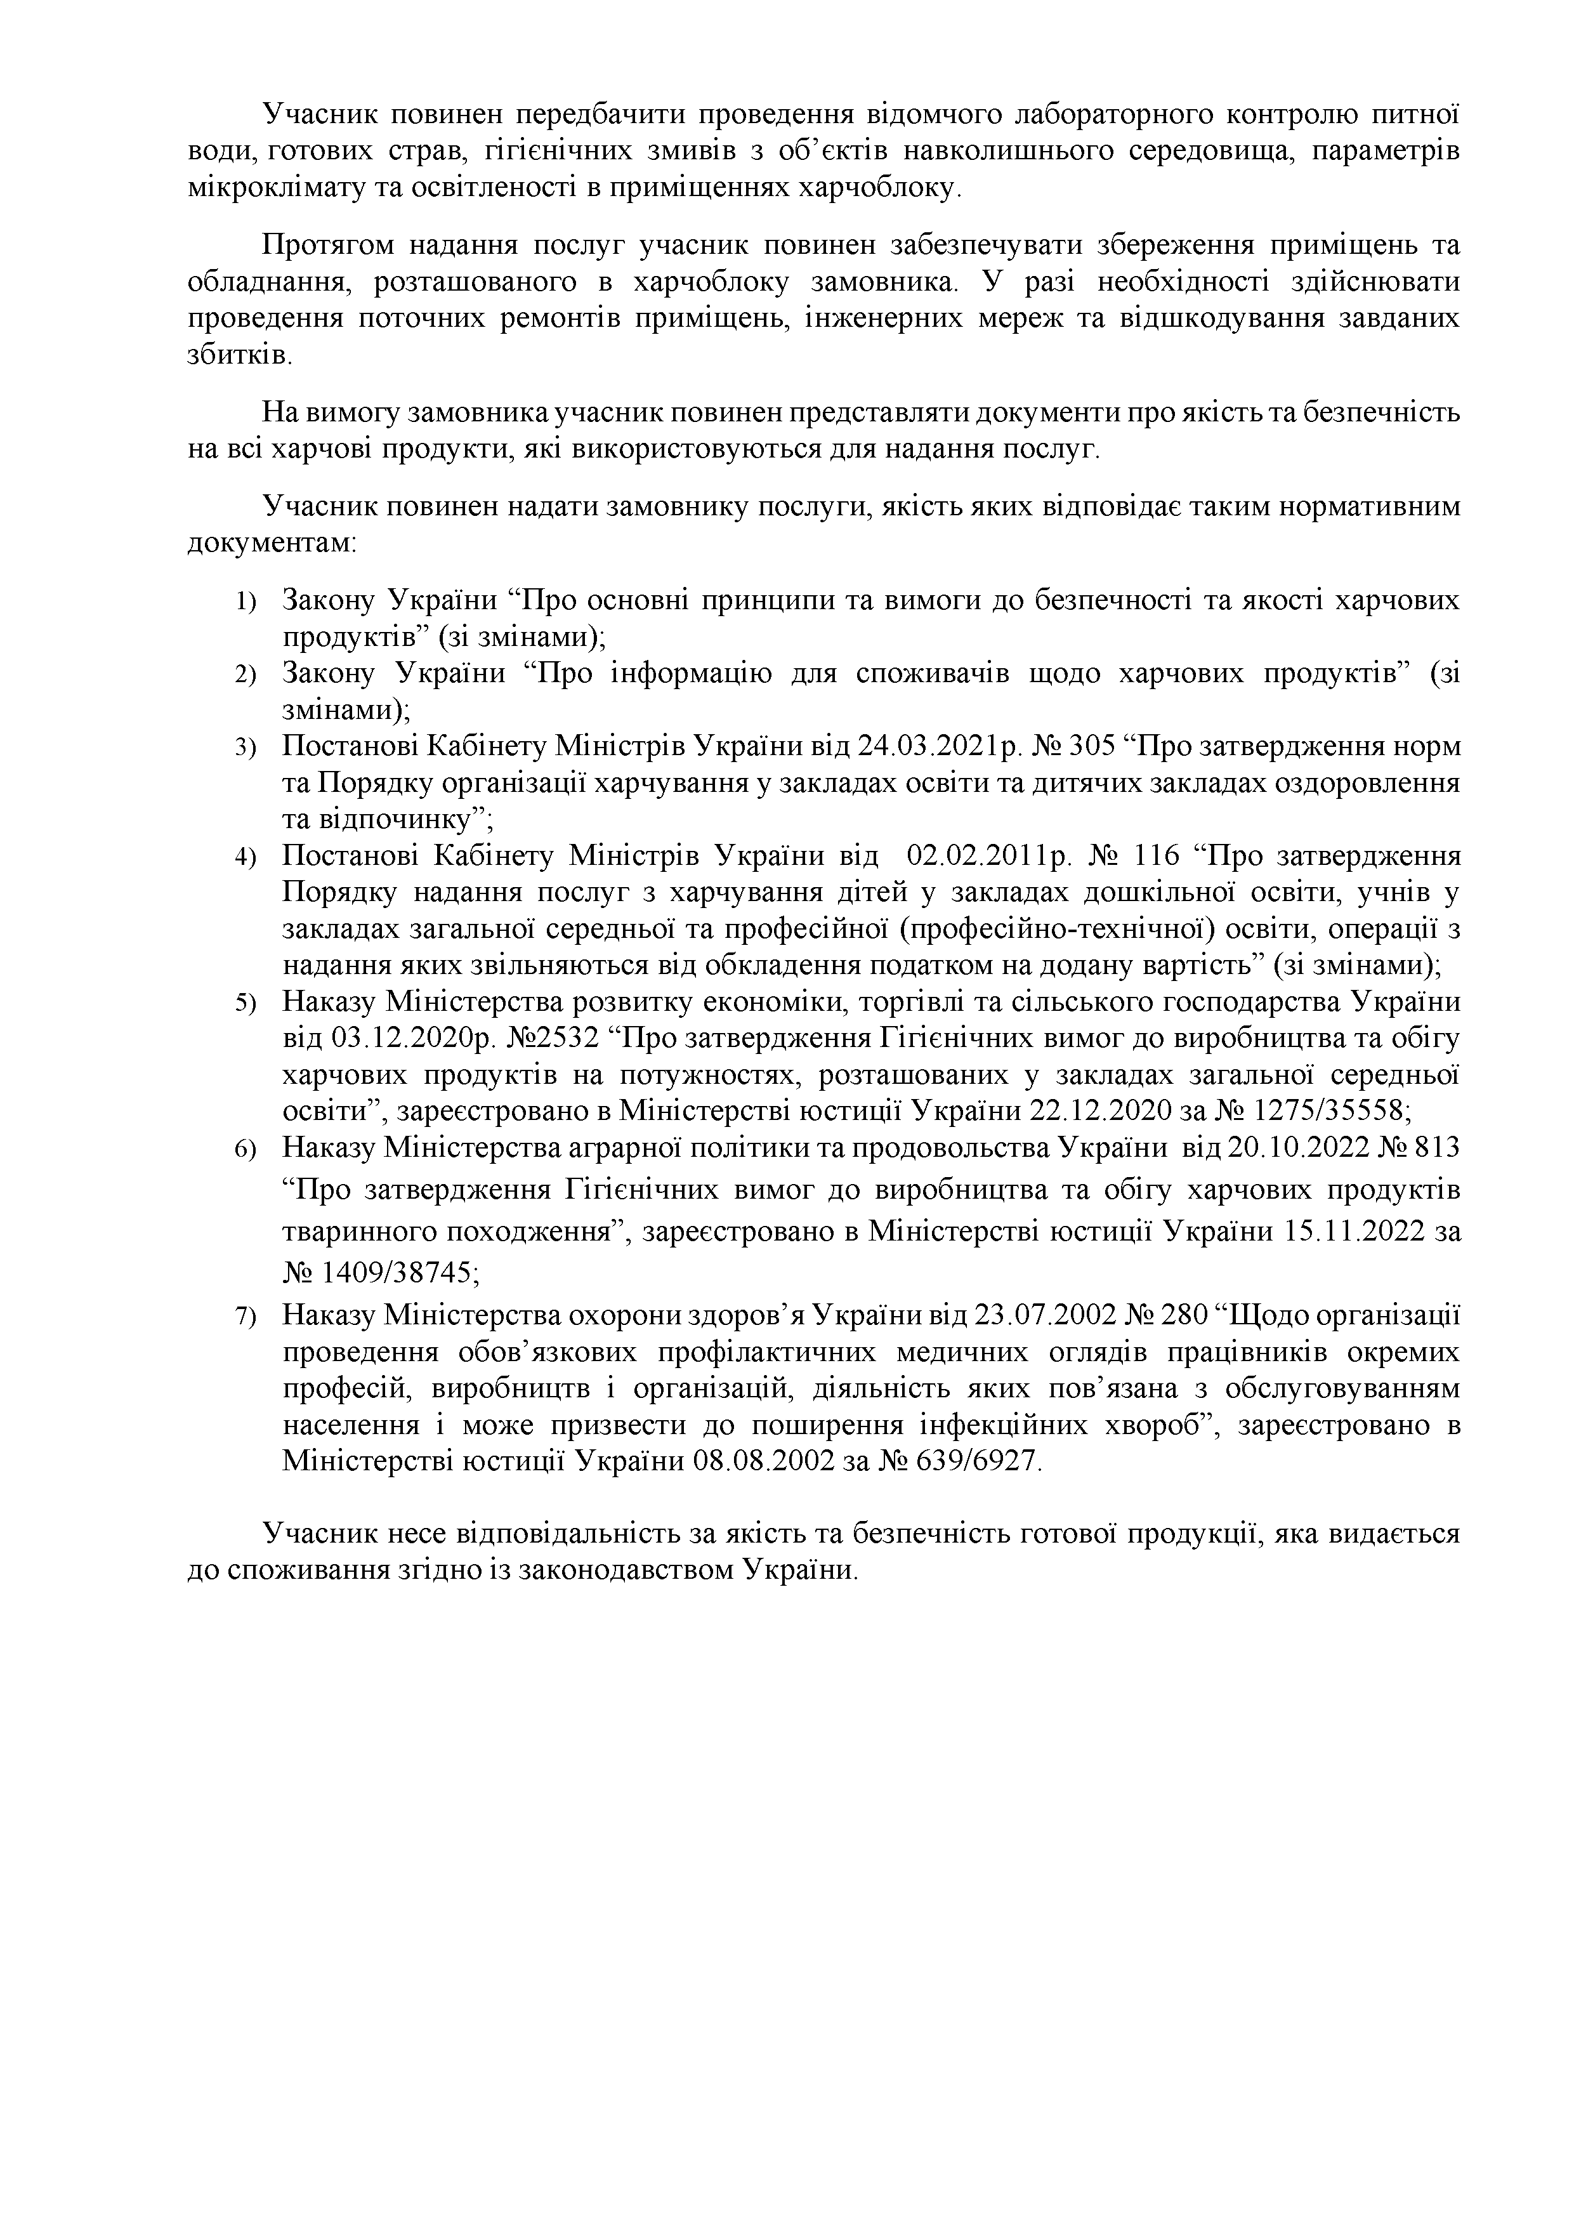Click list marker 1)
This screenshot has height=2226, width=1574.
[246, 603]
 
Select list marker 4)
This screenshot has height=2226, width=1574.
[246, 858]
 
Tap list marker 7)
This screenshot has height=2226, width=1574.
[246, 1317]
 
